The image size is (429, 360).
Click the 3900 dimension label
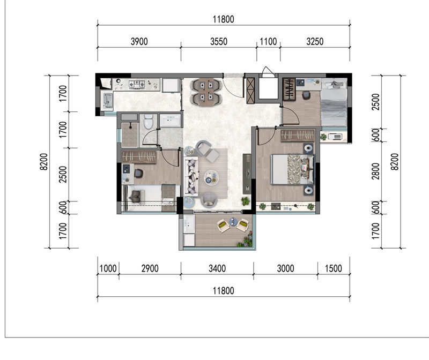pos(139,42)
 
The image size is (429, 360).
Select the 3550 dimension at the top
pos(219,42)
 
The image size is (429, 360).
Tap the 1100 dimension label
pos(268,42)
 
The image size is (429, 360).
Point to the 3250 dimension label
pos(315,42)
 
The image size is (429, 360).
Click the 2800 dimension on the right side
pos(376,171)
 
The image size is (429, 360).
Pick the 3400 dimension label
pos(217,268)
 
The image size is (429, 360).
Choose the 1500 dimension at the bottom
pos(333,268)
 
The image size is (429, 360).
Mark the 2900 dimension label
pos(150,268)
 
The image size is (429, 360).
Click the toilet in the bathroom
pos(149,122)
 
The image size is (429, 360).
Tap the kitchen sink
pos(108,100)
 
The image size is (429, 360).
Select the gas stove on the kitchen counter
pos(137,84)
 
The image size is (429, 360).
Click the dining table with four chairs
pos(206,92)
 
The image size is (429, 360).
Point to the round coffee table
pos(211,177)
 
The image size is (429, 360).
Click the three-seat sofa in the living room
pos(191,176)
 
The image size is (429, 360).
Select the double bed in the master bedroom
pos(292,169)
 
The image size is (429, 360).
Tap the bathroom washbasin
pos(170,121)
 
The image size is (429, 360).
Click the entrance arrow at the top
pos(267,71)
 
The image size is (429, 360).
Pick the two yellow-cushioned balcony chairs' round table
pos(233,221)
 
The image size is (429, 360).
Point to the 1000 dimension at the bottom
pos(108,268)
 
